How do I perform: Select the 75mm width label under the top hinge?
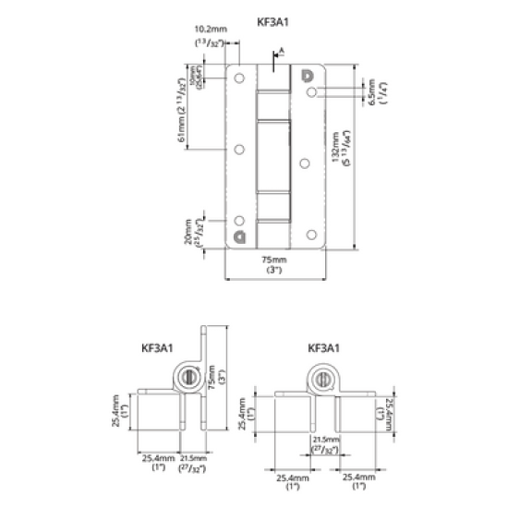[274, 263]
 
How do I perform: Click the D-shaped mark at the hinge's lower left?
[240, 236]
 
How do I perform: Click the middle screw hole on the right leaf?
[305, 162]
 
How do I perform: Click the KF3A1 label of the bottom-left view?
[157, 348]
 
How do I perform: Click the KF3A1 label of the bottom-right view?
[324, 348]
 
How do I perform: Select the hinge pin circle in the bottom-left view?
[187, 376]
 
